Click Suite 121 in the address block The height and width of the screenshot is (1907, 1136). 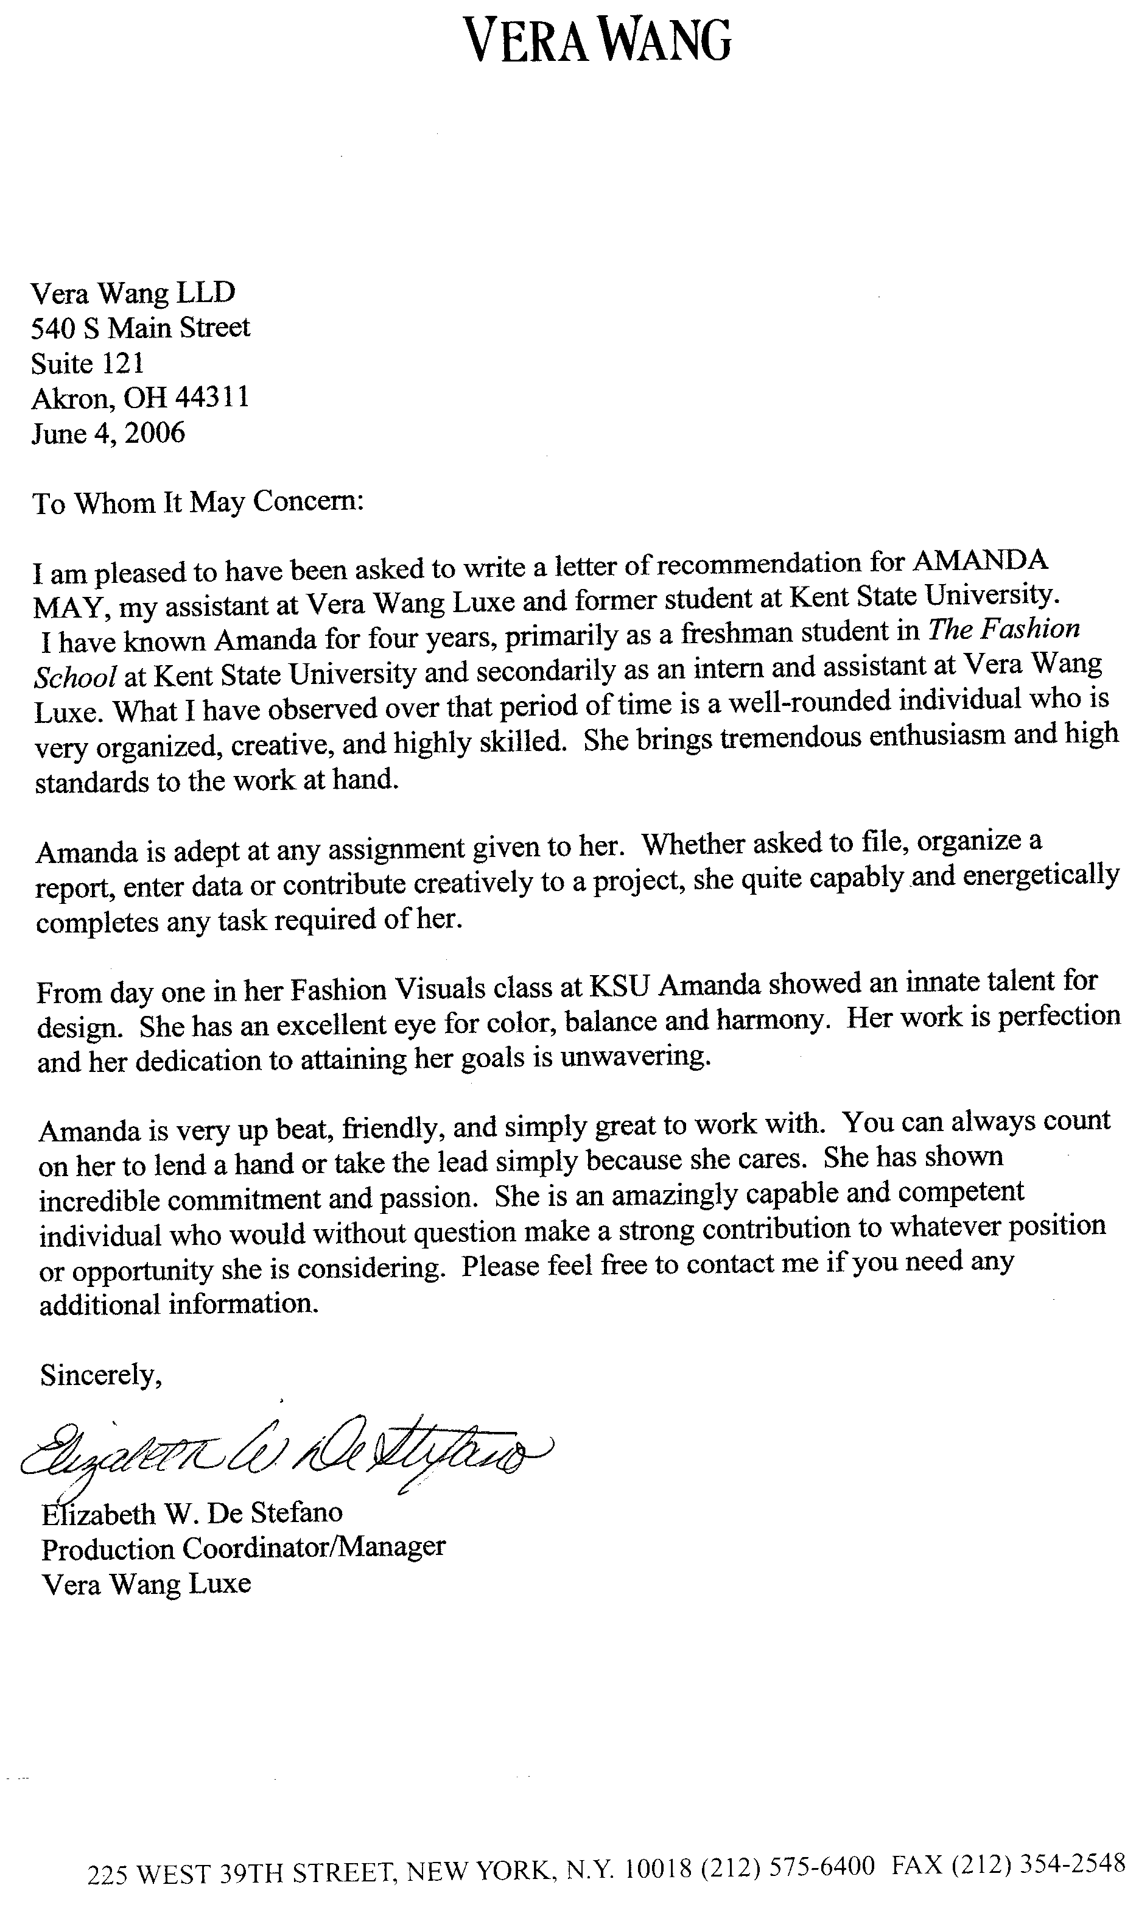87,363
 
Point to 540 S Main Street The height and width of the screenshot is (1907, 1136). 140,328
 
